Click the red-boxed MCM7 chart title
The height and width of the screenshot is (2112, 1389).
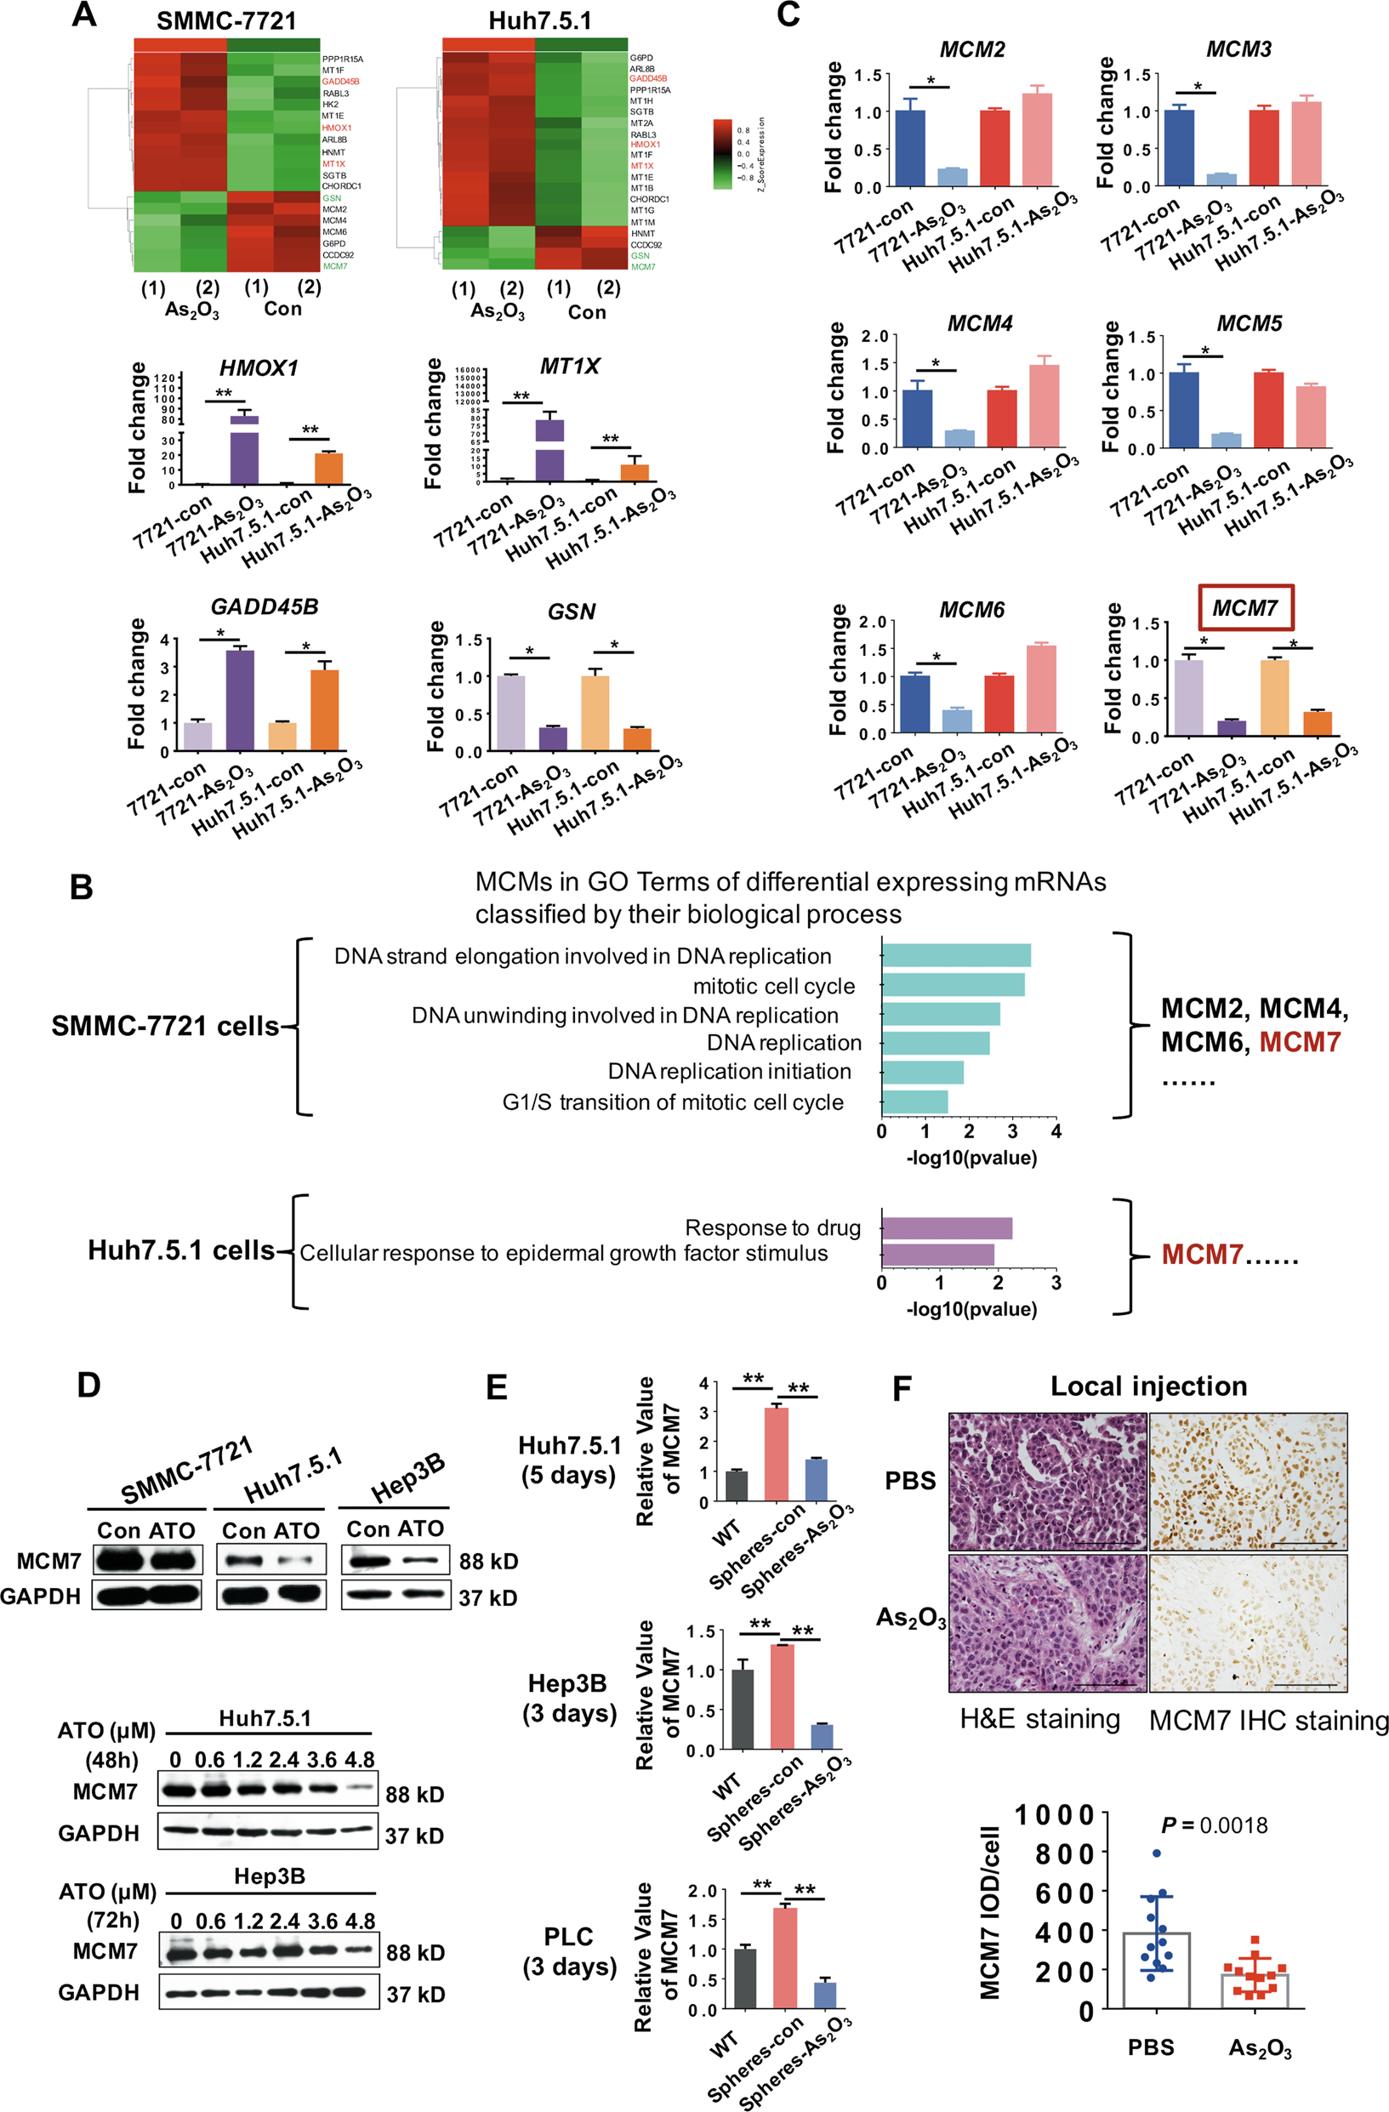pyautogui.click(x=1244, y=608)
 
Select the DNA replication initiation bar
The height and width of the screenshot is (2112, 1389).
pyautogui.click(x=922, y=1072)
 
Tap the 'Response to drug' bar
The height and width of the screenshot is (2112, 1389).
pyautogui.click(x=946, y=1228)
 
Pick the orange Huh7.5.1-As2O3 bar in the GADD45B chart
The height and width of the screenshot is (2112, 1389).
pyautogui.click(x=325, y=710)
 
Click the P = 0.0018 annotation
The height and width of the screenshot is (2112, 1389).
pyautogui.click(x=1214, y=1825)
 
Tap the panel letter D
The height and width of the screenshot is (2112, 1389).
pyautogui.click(x=88, y=1385)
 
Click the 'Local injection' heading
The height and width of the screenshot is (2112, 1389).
pyautogui.click(x=1148, y=1386)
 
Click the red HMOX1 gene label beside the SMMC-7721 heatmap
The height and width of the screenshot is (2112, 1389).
pyautogui.click(x=336, y=128)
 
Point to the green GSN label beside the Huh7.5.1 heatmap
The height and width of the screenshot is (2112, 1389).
pyautogui.click(x=640, y=255)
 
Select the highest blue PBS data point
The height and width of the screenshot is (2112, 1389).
pyautogui.click(x=1157, y=1853)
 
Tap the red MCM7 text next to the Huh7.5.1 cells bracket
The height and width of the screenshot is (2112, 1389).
pyautogui.click(x=1201, y=1255)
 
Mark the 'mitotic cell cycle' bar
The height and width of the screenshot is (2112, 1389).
pyautogui.click(x=953, y=985)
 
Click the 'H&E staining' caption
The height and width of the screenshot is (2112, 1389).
pyautogui.click(x=1039, y=1719)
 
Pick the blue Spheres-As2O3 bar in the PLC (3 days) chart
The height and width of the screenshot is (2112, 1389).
pyautogui.click(x=824, y=1995)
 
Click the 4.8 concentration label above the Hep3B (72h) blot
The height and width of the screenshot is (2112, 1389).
pyautogui.click(x=361, y=1922)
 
